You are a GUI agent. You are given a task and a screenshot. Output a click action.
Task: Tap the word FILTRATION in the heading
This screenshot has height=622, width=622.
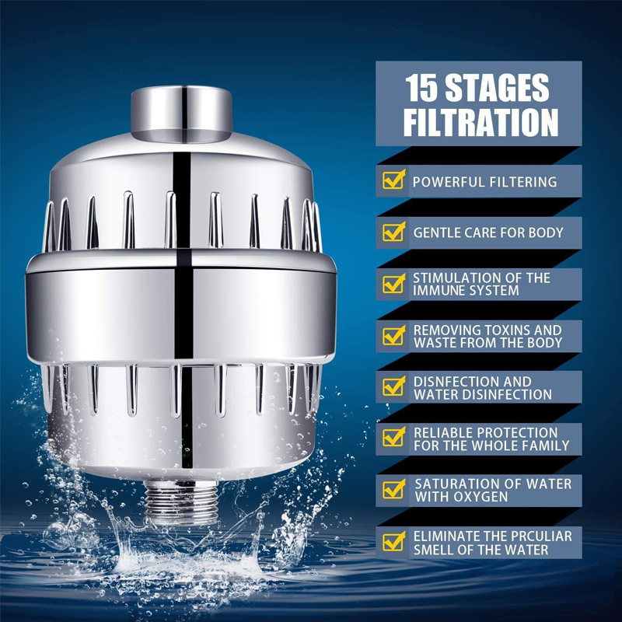point(480,123)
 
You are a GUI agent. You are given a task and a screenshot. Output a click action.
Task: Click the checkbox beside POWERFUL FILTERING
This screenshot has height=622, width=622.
point(393,181)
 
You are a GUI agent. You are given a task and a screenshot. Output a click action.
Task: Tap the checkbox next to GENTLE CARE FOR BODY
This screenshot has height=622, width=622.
point(393,232)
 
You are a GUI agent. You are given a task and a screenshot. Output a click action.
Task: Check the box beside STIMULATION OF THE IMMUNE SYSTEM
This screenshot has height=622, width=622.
point(393,284)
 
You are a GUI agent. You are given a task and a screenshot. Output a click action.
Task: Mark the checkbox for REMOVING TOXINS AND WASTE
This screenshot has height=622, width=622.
point(393,336)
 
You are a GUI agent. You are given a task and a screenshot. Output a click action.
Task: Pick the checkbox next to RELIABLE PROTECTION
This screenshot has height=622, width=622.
point(393,439)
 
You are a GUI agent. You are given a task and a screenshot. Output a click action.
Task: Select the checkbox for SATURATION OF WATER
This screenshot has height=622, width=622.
point(393,490)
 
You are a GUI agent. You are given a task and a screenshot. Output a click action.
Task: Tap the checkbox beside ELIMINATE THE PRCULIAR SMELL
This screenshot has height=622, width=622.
point(393,542)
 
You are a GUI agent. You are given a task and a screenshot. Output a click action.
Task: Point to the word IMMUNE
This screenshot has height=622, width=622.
point(439,291)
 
